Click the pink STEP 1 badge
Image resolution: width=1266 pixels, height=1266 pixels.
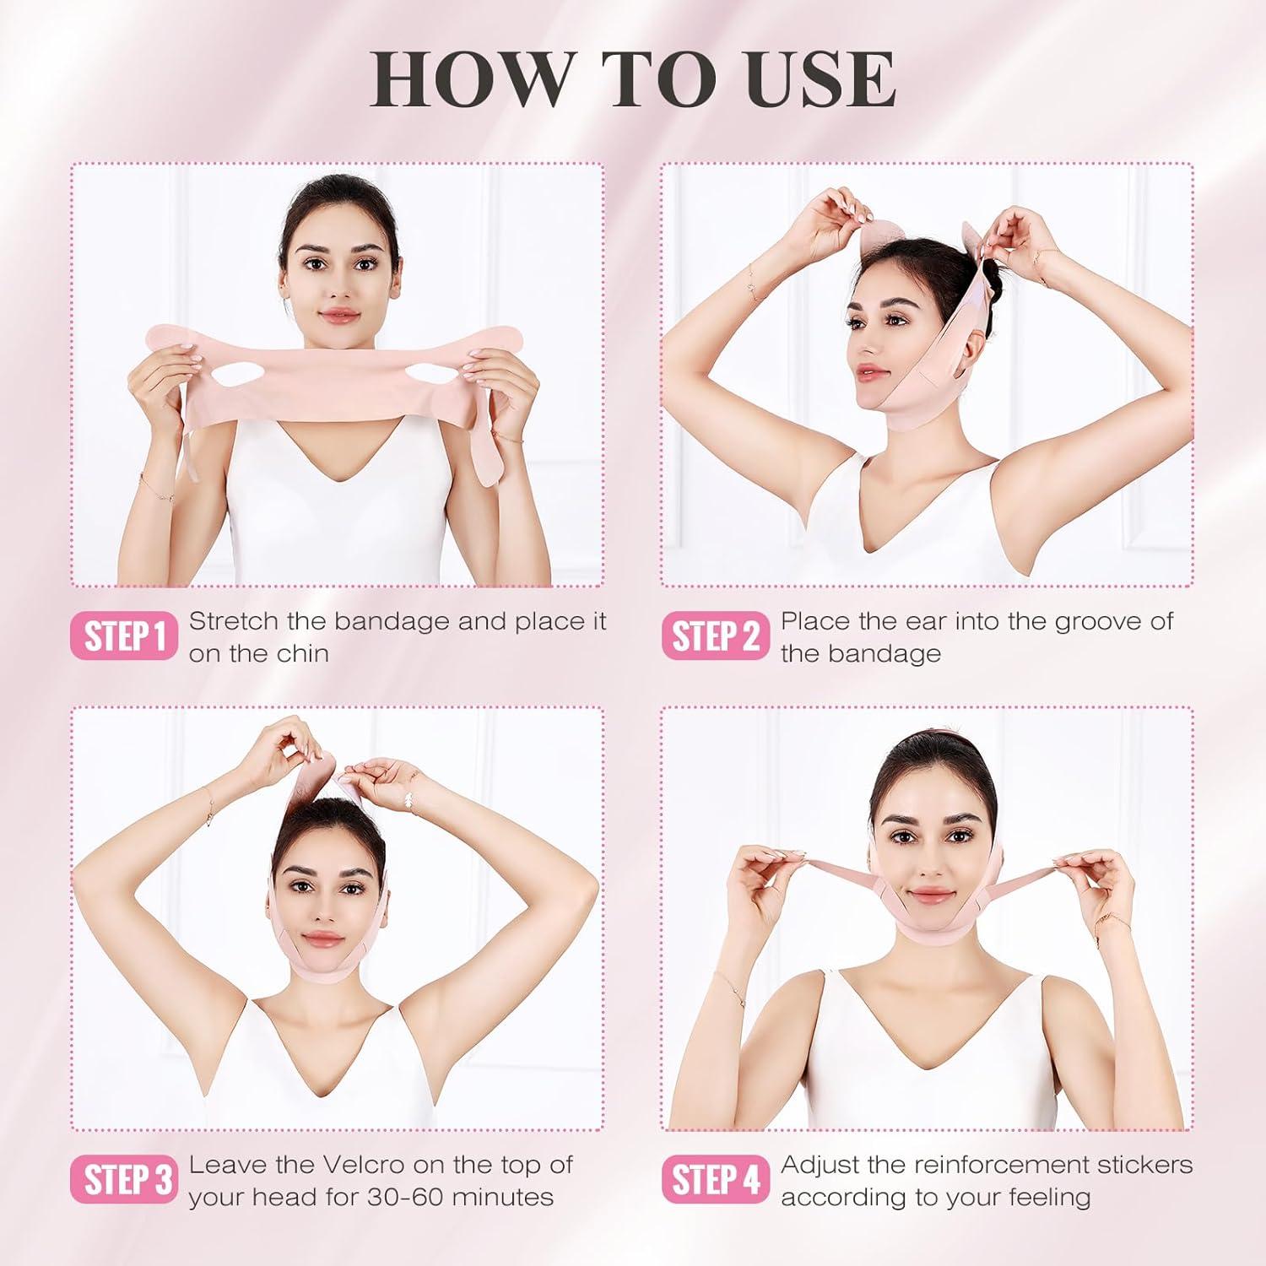124,636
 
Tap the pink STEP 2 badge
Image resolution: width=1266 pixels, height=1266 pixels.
715,636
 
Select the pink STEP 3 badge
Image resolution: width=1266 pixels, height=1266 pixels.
124,1179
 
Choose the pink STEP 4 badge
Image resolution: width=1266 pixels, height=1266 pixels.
715,1179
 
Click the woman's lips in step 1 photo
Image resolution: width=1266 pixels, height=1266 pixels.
339,316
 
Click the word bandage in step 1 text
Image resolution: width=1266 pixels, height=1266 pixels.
392,622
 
